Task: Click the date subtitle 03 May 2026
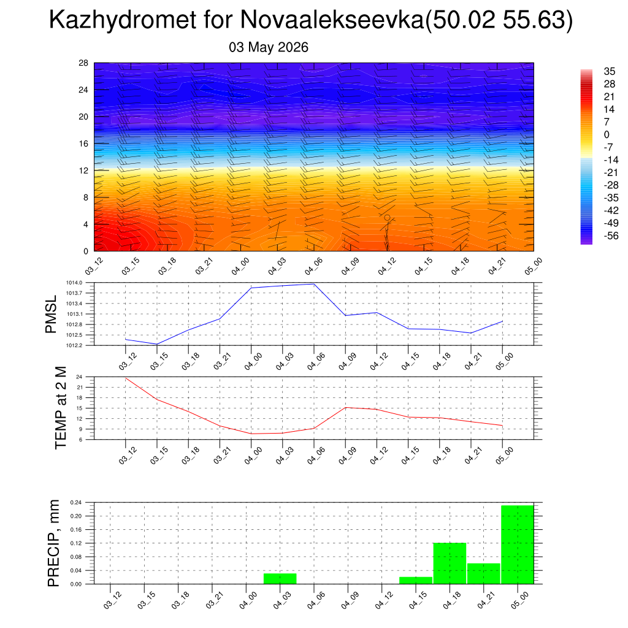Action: click(269, 47)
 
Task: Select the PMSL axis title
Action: click(52, 315)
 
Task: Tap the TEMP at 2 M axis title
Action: click(61, 408)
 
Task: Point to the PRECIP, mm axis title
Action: click(53, 543)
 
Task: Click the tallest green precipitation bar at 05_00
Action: click(518, 545)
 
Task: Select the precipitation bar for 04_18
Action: click(450, 563)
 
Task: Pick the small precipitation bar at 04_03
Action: click(280, 579)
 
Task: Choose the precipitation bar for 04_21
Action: click(484, 573)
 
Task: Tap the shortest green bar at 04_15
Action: click(416, 580)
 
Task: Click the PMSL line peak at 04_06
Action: click(314, 284)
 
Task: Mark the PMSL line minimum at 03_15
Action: click(157, 344)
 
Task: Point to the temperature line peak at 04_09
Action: click(346, 407)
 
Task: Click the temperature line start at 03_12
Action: click(126, 378)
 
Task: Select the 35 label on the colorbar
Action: click(609, 71)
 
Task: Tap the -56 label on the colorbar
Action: click(611, 235)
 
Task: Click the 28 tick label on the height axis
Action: click(83, 63)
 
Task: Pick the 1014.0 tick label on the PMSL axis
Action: click(74, 283)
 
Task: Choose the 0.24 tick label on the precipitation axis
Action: click(75, 502)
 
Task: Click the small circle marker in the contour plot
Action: click(388, 218)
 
